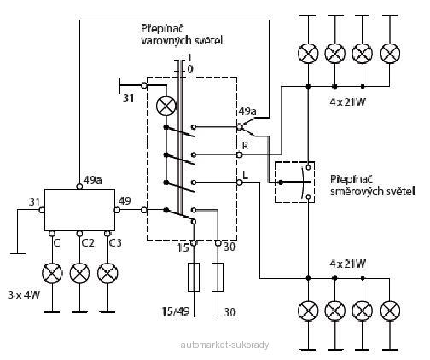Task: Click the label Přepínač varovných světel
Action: (182, 35)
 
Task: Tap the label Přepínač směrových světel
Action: (372, 185)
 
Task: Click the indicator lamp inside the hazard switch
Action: (166, 106)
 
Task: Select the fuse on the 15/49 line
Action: (194, 277)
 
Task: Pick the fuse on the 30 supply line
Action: (218, 277)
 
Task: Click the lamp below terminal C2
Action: (80, 273)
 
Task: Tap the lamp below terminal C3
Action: (107, 273)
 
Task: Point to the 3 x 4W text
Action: (24, 295)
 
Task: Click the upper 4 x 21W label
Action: (347, 102)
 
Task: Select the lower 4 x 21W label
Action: (347, 264)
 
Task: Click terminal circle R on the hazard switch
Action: (240, 154)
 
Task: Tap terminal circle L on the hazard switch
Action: (240, 183)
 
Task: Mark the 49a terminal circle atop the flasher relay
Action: (80, 186)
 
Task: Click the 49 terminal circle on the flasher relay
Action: (117, 210)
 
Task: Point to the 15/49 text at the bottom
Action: (176, 311)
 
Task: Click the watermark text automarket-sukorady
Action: (224, 345)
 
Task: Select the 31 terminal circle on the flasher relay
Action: (42, 210)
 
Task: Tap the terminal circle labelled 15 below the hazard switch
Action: (194, 243)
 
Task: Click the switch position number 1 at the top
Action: (189, 58)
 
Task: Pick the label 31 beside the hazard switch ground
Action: (129, 98)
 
